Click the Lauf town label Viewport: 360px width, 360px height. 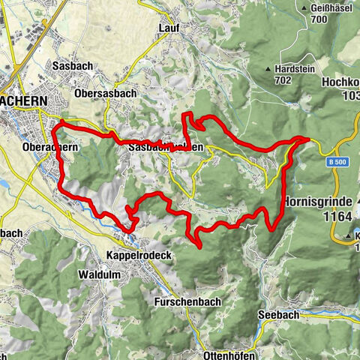[x=168, y=28]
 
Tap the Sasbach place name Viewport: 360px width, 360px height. [x=72, y=66]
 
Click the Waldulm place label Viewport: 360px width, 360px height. [x=97, y=275]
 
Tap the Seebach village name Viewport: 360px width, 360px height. [x=275, y=315]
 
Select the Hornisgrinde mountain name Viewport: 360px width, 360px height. [x=321, y=202]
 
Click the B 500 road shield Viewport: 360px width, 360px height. [x=337, y=162]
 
